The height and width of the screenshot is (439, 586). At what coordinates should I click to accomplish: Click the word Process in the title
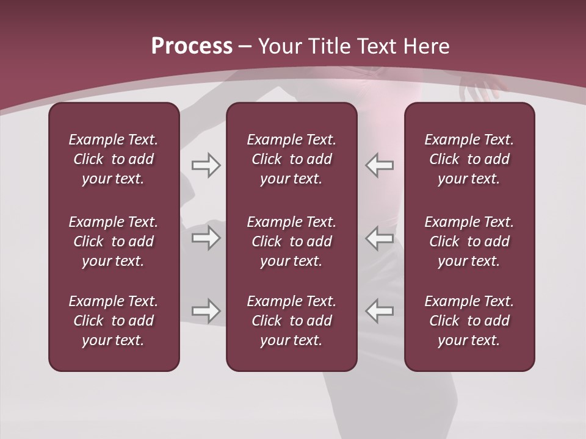click(192, 46)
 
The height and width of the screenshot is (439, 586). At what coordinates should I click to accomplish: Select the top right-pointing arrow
click(206, 165)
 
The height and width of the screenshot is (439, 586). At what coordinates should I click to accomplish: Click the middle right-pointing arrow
click(206, 238)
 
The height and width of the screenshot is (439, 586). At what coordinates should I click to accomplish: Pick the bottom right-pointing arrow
click(206, 311)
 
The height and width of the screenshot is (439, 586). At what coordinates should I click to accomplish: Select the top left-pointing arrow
click(380, 165)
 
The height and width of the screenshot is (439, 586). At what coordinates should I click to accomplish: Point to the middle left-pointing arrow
click(380, 238)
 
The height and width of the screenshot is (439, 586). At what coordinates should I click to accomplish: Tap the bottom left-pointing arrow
click(380, 311)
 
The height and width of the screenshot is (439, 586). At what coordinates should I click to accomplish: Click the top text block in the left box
click(114, 159)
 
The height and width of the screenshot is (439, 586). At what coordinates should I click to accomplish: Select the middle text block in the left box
click(114, 241)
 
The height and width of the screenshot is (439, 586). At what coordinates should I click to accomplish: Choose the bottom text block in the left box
click(114, 321)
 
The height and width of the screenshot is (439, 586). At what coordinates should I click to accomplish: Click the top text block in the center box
click(291, 159)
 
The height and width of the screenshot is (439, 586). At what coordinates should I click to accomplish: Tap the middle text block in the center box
click(291, 241)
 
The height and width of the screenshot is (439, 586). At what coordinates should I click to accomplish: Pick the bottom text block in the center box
click(291, 321)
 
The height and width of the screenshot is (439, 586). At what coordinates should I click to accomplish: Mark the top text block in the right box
click(469, 159)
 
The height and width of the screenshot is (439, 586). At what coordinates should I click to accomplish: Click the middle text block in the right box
click(469, 241)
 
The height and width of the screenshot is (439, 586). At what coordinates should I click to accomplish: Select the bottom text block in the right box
click(469, 321)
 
